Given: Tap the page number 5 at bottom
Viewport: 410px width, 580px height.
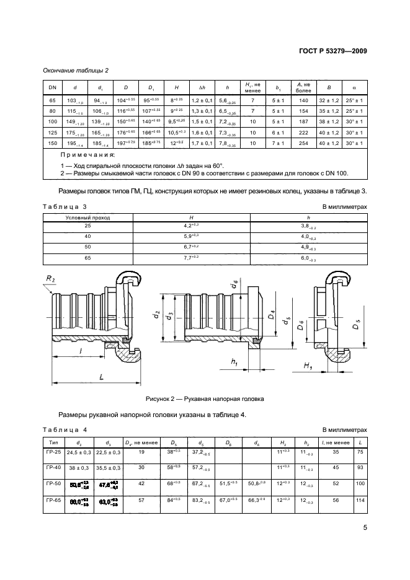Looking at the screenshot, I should (365, 528).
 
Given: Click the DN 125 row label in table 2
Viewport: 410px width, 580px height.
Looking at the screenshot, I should (52, 132).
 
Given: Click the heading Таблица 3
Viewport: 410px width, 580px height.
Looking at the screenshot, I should (65, 206).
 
